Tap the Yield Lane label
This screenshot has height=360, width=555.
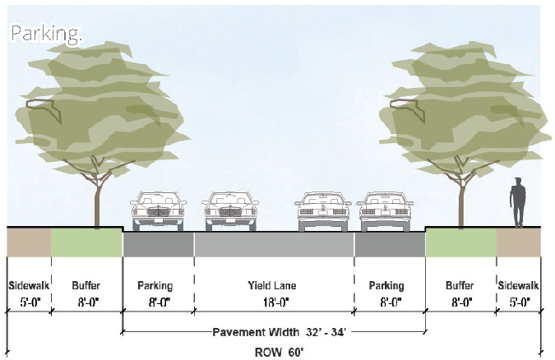tap(272, 285)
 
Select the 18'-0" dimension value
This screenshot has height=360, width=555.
tap(275, 302)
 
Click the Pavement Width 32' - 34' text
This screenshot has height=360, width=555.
tap(279, 332)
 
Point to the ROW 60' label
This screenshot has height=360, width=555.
tap(280, 353)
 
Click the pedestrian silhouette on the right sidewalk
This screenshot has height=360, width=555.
tap(517, 202)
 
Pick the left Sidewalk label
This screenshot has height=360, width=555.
tap(29, 285)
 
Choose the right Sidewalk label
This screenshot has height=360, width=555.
tap(518, 285)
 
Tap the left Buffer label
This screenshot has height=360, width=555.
tap(86, 285)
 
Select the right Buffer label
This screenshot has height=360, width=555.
tap(460, 285)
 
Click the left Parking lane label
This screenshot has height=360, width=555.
tap(155, 285)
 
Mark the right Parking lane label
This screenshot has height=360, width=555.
tap(386, 285)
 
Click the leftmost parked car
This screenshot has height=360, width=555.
tap(158, 211)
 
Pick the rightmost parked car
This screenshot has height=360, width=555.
tap(385, 211)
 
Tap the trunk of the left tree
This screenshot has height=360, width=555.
tap(97, 201)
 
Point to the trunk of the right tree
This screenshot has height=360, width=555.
tap(461, 201)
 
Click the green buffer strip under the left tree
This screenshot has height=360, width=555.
tap(86, 242)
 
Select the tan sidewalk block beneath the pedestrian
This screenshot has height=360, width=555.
tap(519, 242)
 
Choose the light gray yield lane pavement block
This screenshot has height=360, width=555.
tap(275, 244)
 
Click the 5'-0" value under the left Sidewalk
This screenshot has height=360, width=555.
tap(29, 302)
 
